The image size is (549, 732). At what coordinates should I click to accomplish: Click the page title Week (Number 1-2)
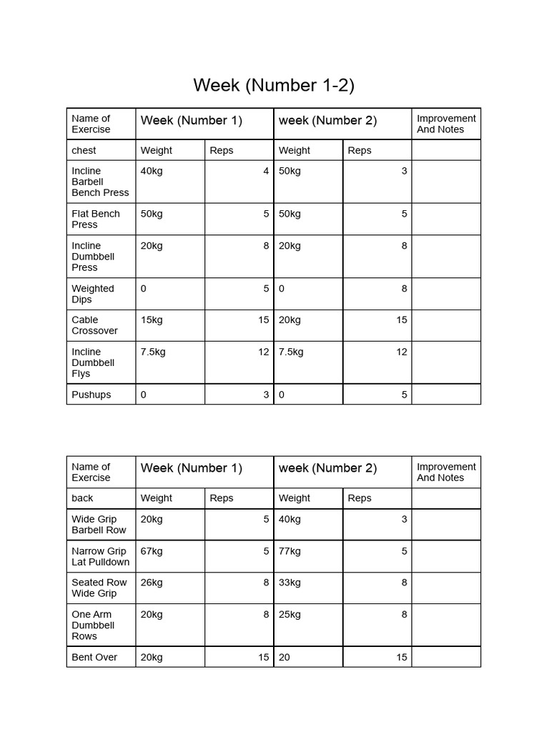click(274, 86)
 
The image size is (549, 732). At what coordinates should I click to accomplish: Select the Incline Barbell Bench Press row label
click(100, 182)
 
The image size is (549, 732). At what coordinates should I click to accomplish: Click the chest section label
click(84, 150)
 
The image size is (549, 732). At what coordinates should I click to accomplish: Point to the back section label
click(82, 498)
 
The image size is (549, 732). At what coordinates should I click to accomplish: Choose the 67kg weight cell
click(152, 551)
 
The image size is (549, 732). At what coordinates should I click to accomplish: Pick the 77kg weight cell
click(290, 551)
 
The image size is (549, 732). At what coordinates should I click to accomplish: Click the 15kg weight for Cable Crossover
click(152, 320)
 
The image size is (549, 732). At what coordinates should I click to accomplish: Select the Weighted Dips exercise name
click(92, 294)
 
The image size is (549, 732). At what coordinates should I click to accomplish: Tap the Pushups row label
click(91, 395)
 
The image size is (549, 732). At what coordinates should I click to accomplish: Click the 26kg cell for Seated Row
click(152, 583)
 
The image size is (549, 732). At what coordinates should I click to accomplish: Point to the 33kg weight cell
click(290, 583)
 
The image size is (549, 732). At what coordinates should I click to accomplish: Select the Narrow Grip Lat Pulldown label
click(100, 556)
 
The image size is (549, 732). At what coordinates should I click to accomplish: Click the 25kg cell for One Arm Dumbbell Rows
click(290, 614)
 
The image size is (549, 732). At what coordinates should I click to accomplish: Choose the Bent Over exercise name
click(94, 657)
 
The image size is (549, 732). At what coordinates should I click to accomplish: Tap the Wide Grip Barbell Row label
click(99, 525)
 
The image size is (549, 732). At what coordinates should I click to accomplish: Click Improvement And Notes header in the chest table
click(446, 124)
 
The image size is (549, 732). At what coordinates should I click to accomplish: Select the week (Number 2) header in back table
click(327, 468)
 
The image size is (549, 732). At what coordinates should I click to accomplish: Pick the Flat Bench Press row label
click(96, 219)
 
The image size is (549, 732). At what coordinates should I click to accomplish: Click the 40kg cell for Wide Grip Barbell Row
click(290, 519)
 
